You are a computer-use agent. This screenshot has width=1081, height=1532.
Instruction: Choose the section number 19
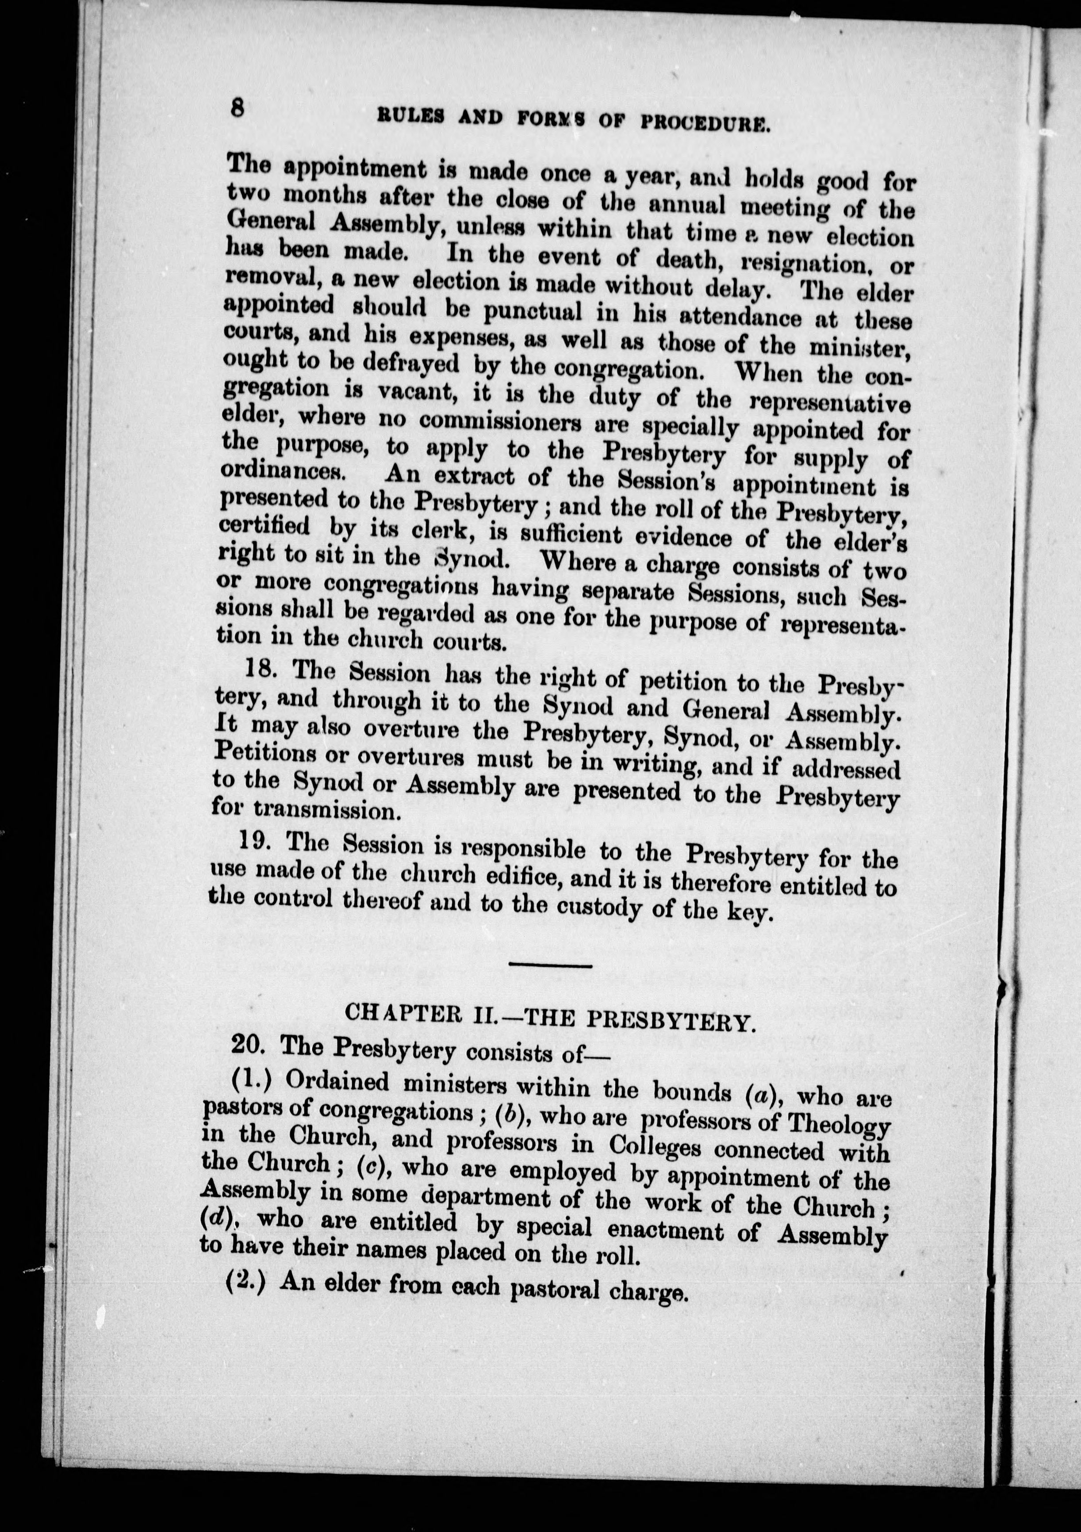[x=255, y=841]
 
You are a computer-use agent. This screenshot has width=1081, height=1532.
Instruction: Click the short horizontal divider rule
[x=551, y=965]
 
